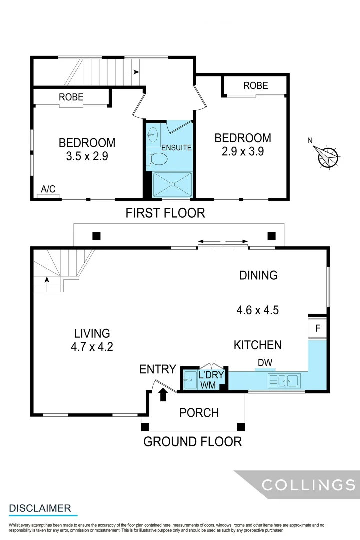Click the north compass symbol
(328, 157)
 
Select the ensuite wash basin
(153, 134)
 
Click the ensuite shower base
(172, 184)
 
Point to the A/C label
(48, 189)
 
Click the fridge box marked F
(317, 329)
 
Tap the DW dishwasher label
(265, 362)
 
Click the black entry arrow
(162, 395)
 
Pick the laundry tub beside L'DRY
(190, 379)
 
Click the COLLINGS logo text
(309, 484)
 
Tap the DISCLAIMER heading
(40, 508)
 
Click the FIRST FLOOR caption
(165, 213)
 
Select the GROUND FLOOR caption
(192, 442)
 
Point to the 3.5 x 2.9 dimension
(87, 156)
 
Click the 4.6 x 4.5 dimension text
(257, 310)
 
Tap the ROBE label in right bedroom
(255, 86)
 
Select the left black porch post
(145, 427)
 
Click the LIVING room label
(92, 333)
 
